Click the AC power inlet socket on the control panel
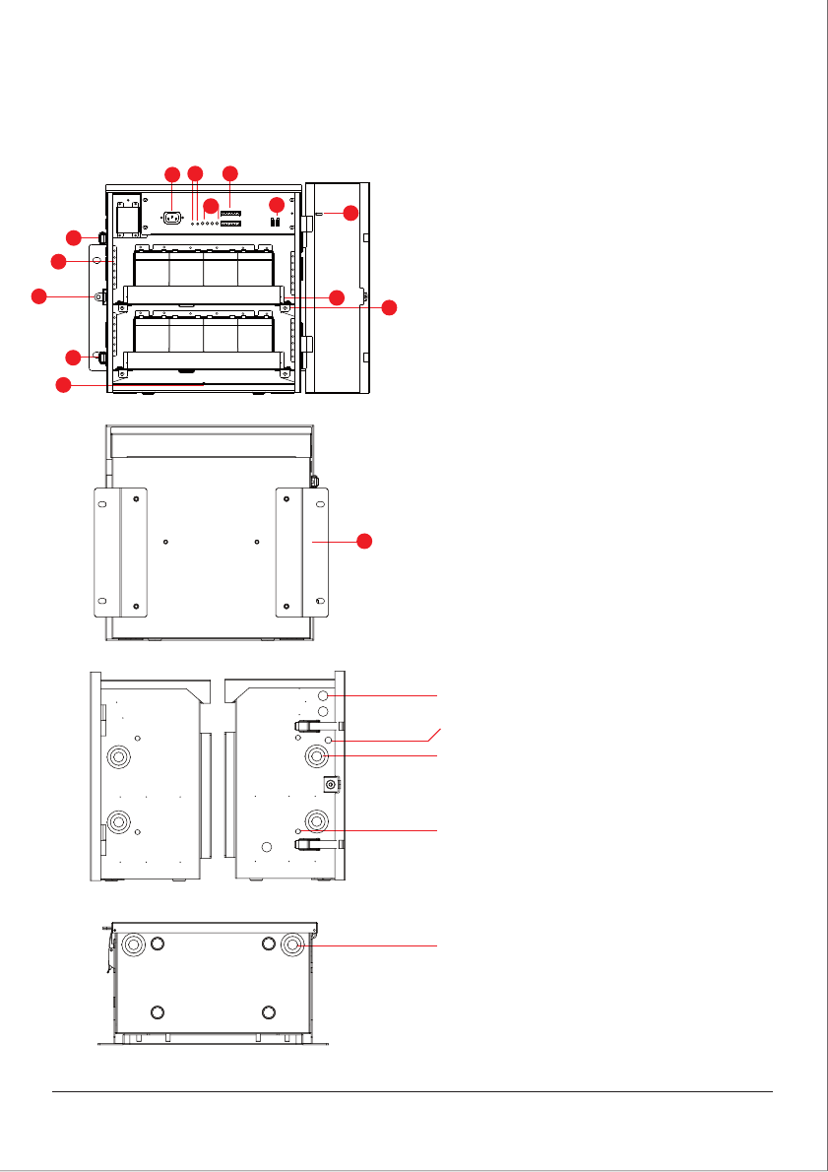coord(172,219)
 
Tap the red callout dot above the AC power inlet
coord(172,174)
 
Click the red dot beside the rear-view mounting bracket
coord(364,541)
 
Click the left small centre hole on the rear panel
coord(165,541)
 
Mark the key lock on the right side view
coord(332,784)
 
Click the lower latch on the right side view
coord(308,843)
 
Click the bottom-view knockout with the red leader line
coord(293,944)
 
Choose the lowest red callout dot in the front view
coord(63,386)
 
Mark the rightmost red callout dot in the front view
coord(390,308)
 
